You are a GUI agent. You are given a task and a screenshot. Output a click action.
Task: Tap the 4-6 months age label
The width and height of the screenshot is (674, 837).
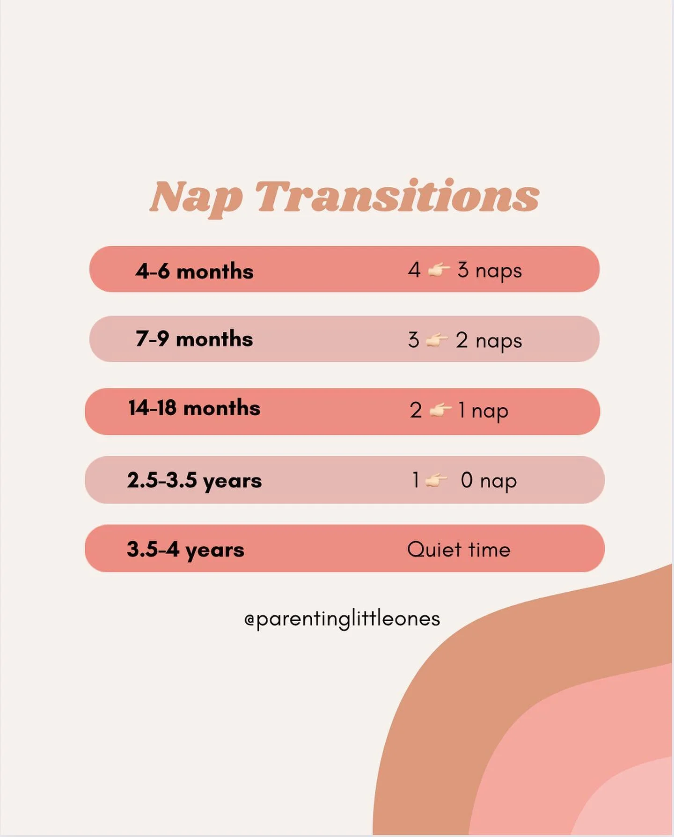tap(194, 272)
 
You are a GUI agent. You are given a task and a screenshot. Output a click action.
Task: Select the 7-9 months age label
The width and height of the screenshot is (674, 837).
tap(194, 339)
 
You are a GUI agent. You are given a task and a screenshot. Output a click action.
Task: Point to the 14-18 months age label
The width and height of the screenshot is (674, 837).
tap(194, 408)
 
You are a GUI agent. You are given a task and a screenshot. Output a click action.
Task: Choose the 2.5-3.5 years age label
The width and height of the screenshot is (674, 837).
tap(194, 481)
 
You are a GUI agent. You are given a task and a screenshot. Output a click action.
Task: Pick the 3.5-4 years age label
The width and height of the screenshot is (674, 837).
tap(185, 550)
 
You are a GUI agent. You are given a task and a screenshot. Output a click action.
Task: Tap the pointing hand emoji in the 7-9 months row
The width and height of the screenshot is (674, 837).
tap(437, 340)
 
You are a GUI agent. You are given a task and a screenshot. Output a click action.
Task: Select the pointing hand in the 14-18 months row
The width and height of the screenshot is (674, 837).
tap(440, 411)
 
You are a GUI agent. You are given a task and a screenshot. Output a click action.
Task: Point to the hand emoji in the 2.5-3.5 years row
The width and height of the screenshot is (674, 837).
tap(436, 480)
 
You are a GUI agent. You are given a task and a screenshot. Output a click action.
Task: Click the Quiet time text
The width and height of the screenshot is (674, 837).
tap(459, 550)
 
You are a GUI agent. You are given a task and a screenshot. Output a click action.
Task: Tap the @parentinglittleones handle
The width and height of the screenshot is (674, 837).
tap(342, 619)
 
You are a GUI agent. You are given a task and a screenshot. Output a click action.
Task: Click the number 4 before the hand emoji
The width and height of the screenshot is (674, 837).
tap(414, 270)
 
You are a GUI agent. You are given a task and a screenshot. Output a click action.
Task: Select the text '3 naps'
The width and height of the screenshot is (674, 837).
tap(490, 271)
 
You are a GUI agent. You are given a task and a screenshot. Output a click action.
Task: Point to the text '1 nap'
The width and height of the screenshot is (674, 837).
tap(483, 411)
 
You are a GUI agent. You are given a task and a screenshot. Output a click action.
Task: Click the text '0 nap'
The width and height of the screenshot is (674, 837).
tap(489, 481)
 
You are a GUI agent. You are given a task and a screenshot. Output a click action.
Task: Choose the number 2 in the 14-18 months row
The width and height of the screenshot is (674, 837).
tap(416, 411)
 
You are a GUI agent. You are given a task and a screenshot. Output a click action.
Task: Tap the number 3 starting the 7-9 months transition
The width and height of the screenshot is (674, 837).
tap(413, 340)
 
